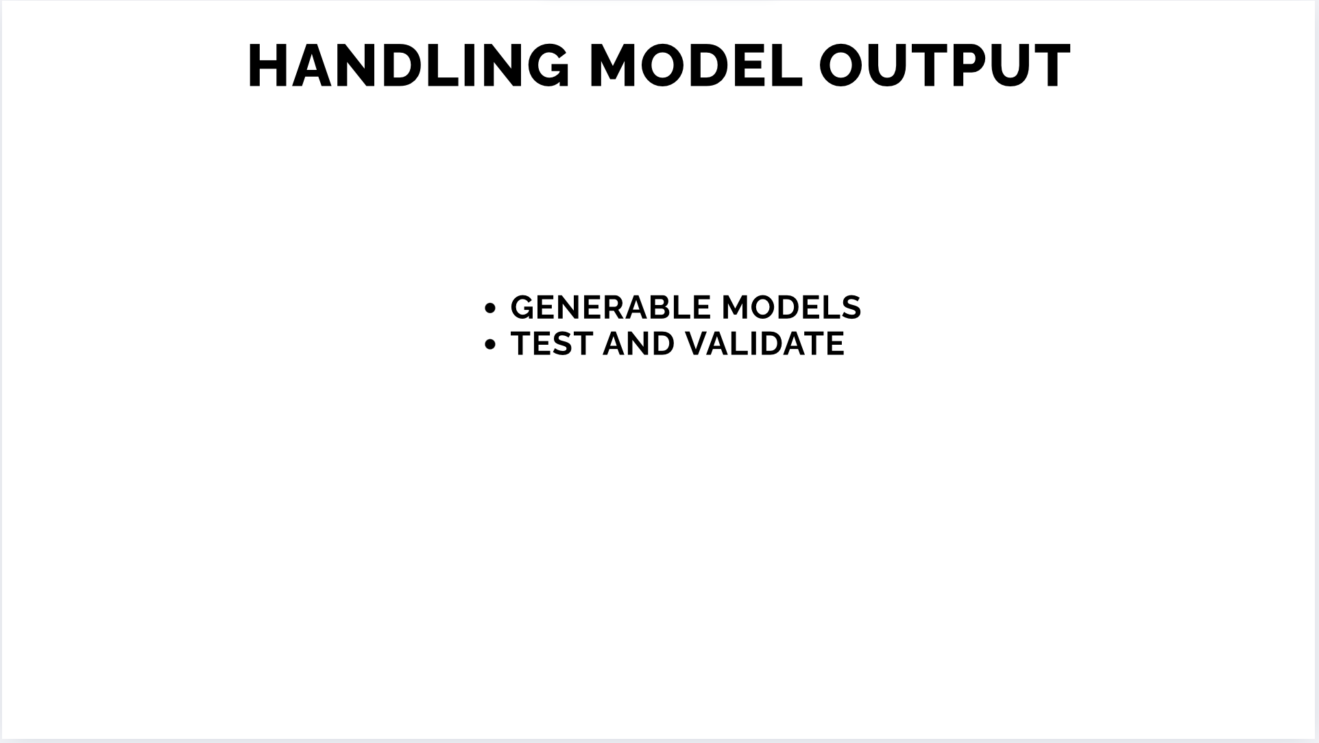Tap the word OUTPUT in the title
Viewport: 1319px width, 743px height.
click(945, 66)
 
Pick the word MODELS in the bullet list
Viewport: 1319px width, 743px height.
click(791, 307)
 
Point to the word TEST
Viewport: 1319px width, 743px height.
click(552, 343)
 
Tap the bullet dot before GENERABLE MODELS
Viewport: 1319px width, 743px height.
click(489, 308)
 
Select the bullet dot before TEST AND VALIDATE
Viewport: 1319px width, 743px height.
click(489, 345)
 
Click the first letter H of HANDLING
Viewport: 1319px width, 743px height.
click(268, 66)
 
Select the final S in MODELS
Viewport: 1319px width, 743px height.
click(851, 307)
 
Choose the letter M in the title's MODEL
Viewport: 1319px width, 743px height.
click(614, 66)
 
